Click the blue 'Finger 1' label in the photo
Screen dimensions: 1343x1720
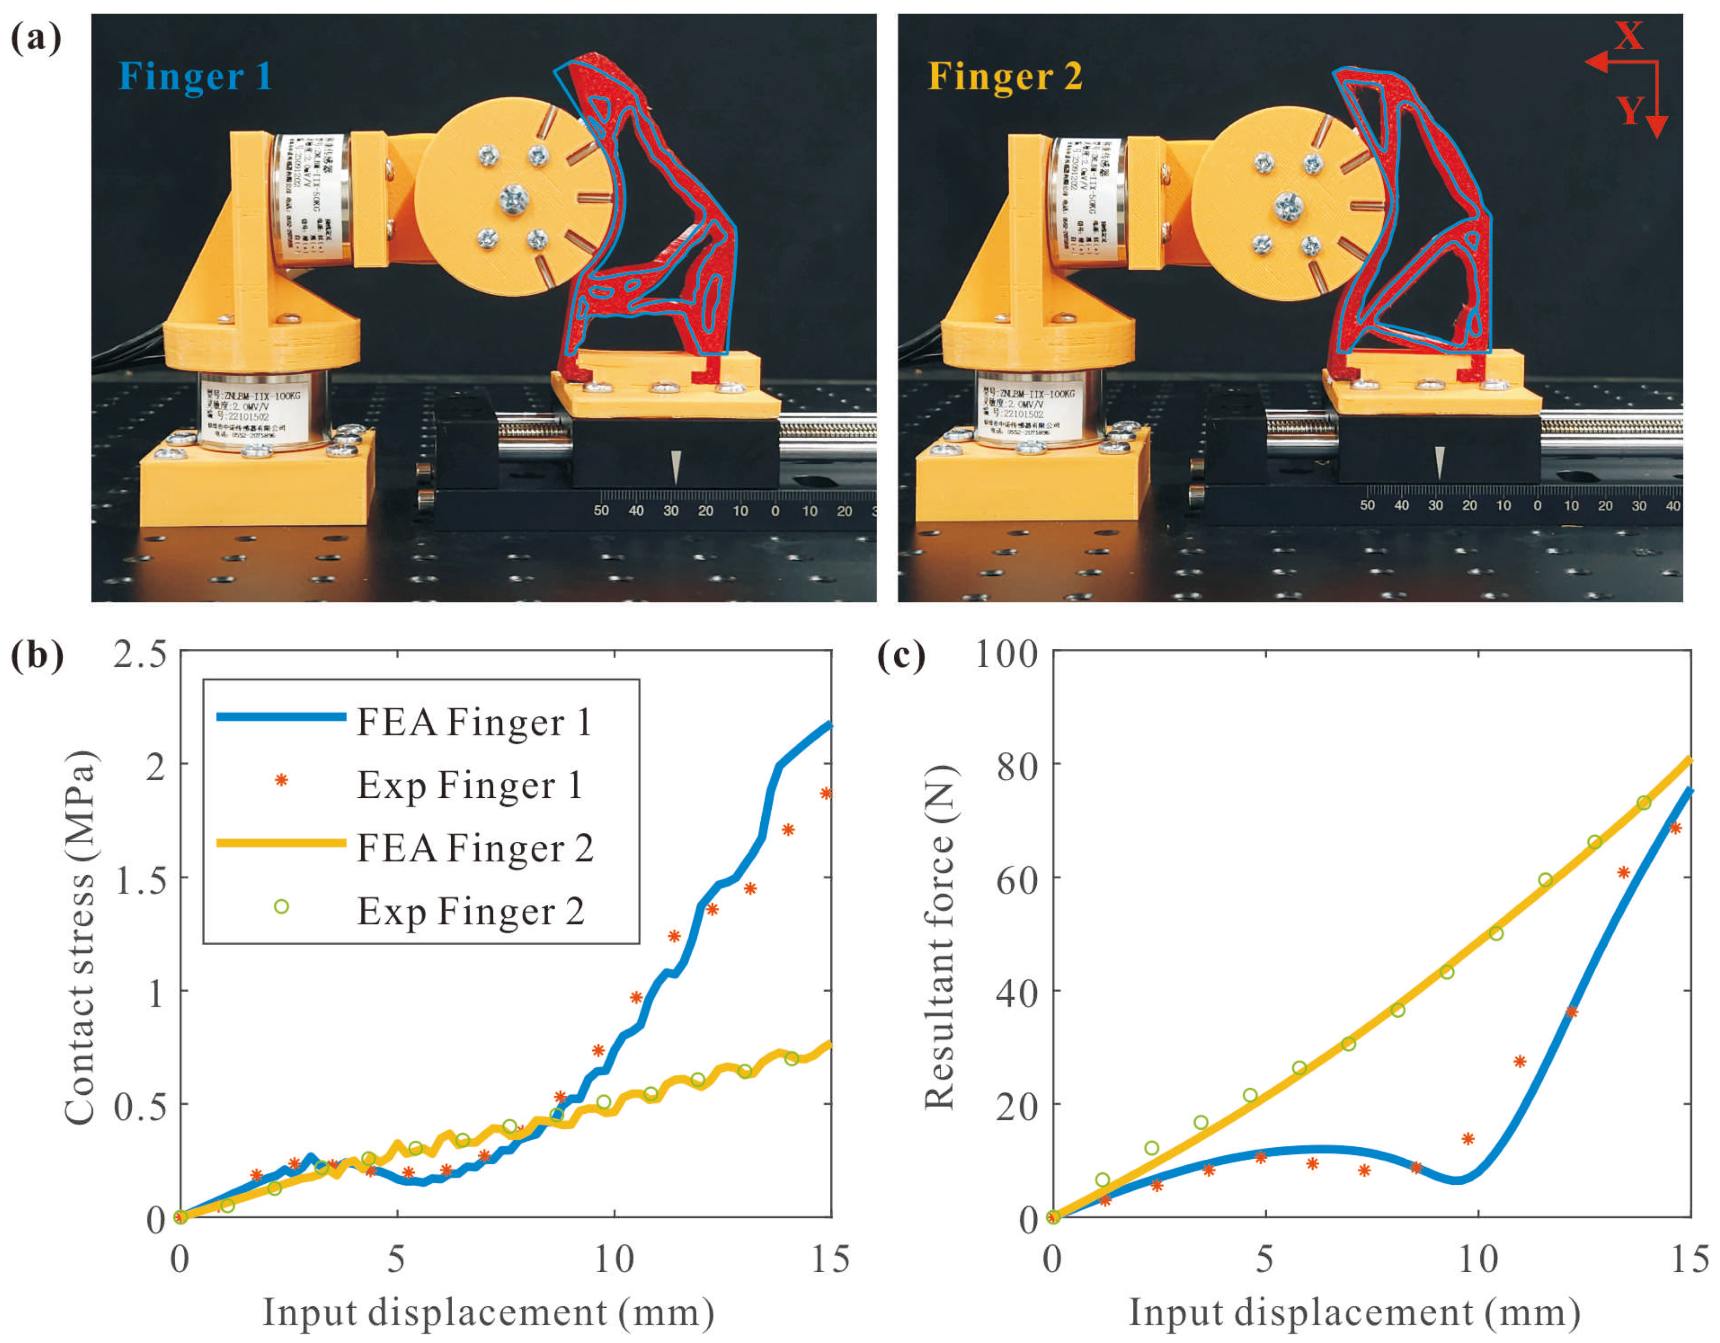coord(195,77)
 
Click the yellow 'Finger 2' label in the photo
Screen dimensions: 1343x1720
coord(1005,77)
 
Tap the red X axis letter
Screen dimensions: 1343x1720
coord(1629,35)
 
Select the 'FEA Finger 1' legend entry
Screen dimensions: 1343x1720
coord(473,722)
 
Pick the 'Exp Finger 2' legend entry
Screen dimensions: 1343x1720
coord(470,911)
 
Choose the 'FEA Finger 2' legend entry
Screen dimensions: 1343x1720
coord(474,848)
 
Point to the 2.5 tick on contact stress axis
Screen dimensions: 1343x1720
coord(140,653)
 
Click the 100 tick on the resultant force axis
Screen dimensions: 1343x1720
coord(1007,653)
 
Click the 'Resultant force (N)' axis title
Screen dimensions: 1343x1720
coord(939,937)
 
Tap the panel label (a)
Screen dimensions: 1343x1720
coord(35,37)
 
